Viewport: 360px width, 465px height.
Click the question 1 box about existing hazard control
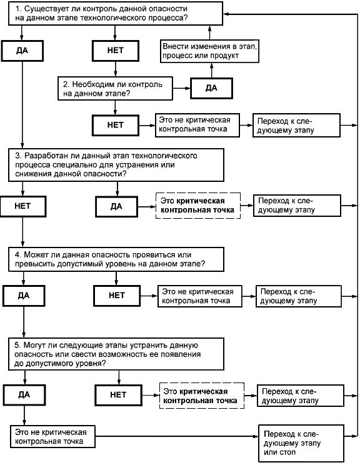[x=116, y=13]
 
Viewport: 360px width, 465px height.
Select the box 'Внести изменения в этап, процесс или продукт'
[x=209, y=51]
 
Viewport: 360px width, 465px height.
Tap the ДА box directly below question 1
[x=22, y=51]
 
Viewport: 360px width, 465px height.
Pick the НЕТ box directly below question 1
[x=116, y=51]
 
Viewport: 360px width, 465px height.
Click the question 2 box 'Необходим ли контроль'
[x=115, y=89]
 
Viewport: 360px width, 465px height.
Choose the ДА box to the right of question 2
[x=211, y=88]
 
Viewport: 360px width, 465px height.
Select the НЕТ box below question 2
[x=116, y=125]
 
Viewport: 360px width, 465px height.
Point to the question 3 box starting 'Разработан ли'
[x=116, y=165]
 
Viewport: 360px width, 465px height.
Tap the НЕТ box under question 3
[x=23, y=206]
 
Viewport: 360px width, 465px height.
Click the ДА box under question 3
[x=116, y=206]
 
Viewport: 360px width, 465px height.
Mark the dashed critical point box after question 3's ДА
[x=197, y=206]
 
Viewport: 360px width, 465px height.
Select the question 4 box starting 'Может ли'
[x=116, y=259]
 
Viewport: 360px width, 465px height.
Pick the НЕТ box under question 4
[x=117, y=296]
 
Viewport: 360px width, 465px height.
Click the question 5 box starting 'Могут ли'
[x=116, y=354]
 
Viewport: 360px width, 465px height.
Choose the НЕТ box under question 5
[x=118, y=395]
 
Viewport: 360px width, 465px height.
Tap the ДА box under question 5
[x=24, y=395]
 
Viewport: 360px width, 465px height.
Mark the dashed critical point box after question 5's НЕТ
[x=202, y=396]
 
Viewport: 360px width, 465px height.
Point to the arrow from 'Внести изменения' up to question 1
[x=209, y=32]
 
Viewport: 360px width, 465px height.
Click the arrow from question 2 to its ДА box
[x=181, y=88]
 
